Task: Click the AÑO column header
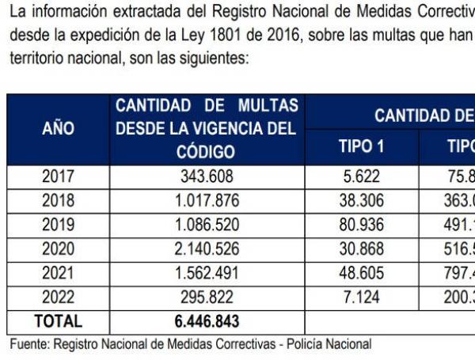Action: [x=58, y=130]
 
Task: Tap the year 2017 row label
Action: [x=58, y=176]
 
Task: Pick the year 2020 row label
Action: [x=58, y=249]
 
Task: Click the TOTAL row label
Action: [x=58, y=321]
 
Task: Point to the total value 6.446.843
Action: [x=207, y=321]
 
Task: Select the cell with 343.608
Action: [x=207, y=176]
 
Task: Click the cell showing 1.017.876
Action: [x=207, y=201]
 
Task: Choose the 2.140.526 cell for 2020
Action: [x=207, y=249]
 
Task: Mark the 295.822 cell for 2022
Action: [x=207, y=297]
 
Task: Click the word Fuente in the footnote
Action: [x=30, y=344]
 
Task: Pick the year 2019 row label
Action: [x=58, y=225]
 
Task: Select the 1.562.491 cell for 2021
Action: [x=207, y=273]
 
